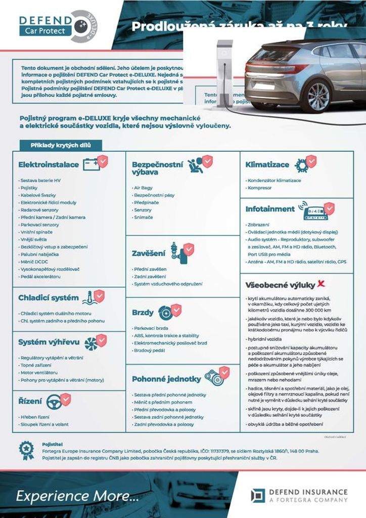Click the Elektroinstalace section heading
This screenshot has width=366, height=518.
click(x=49, y=164)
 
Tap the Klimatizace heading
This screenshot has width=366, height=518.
click(x=267, y=164)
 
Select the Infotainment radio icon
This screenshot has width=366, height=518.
click(x=315, y=211)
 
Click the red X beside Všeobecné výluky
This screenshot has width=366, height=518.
click(x=321, y=284)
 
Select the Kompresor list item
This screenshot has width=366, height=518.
click(x=259, y=188)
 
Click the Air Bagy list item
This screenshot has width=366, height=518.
click(x=143, y=188)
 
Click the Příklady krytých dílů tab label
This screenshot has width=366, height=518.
click(x=61, y=146)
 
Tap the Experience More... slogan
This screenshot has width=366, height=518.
click(x=77, y=496)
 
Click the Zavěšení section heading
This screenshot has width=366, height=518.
click(x=149, y=252)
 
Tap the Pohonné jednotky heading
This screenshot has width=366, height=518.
click(x=161, y=378)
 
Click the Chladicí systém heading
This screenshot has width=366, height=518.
click(x=49, y=297)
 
